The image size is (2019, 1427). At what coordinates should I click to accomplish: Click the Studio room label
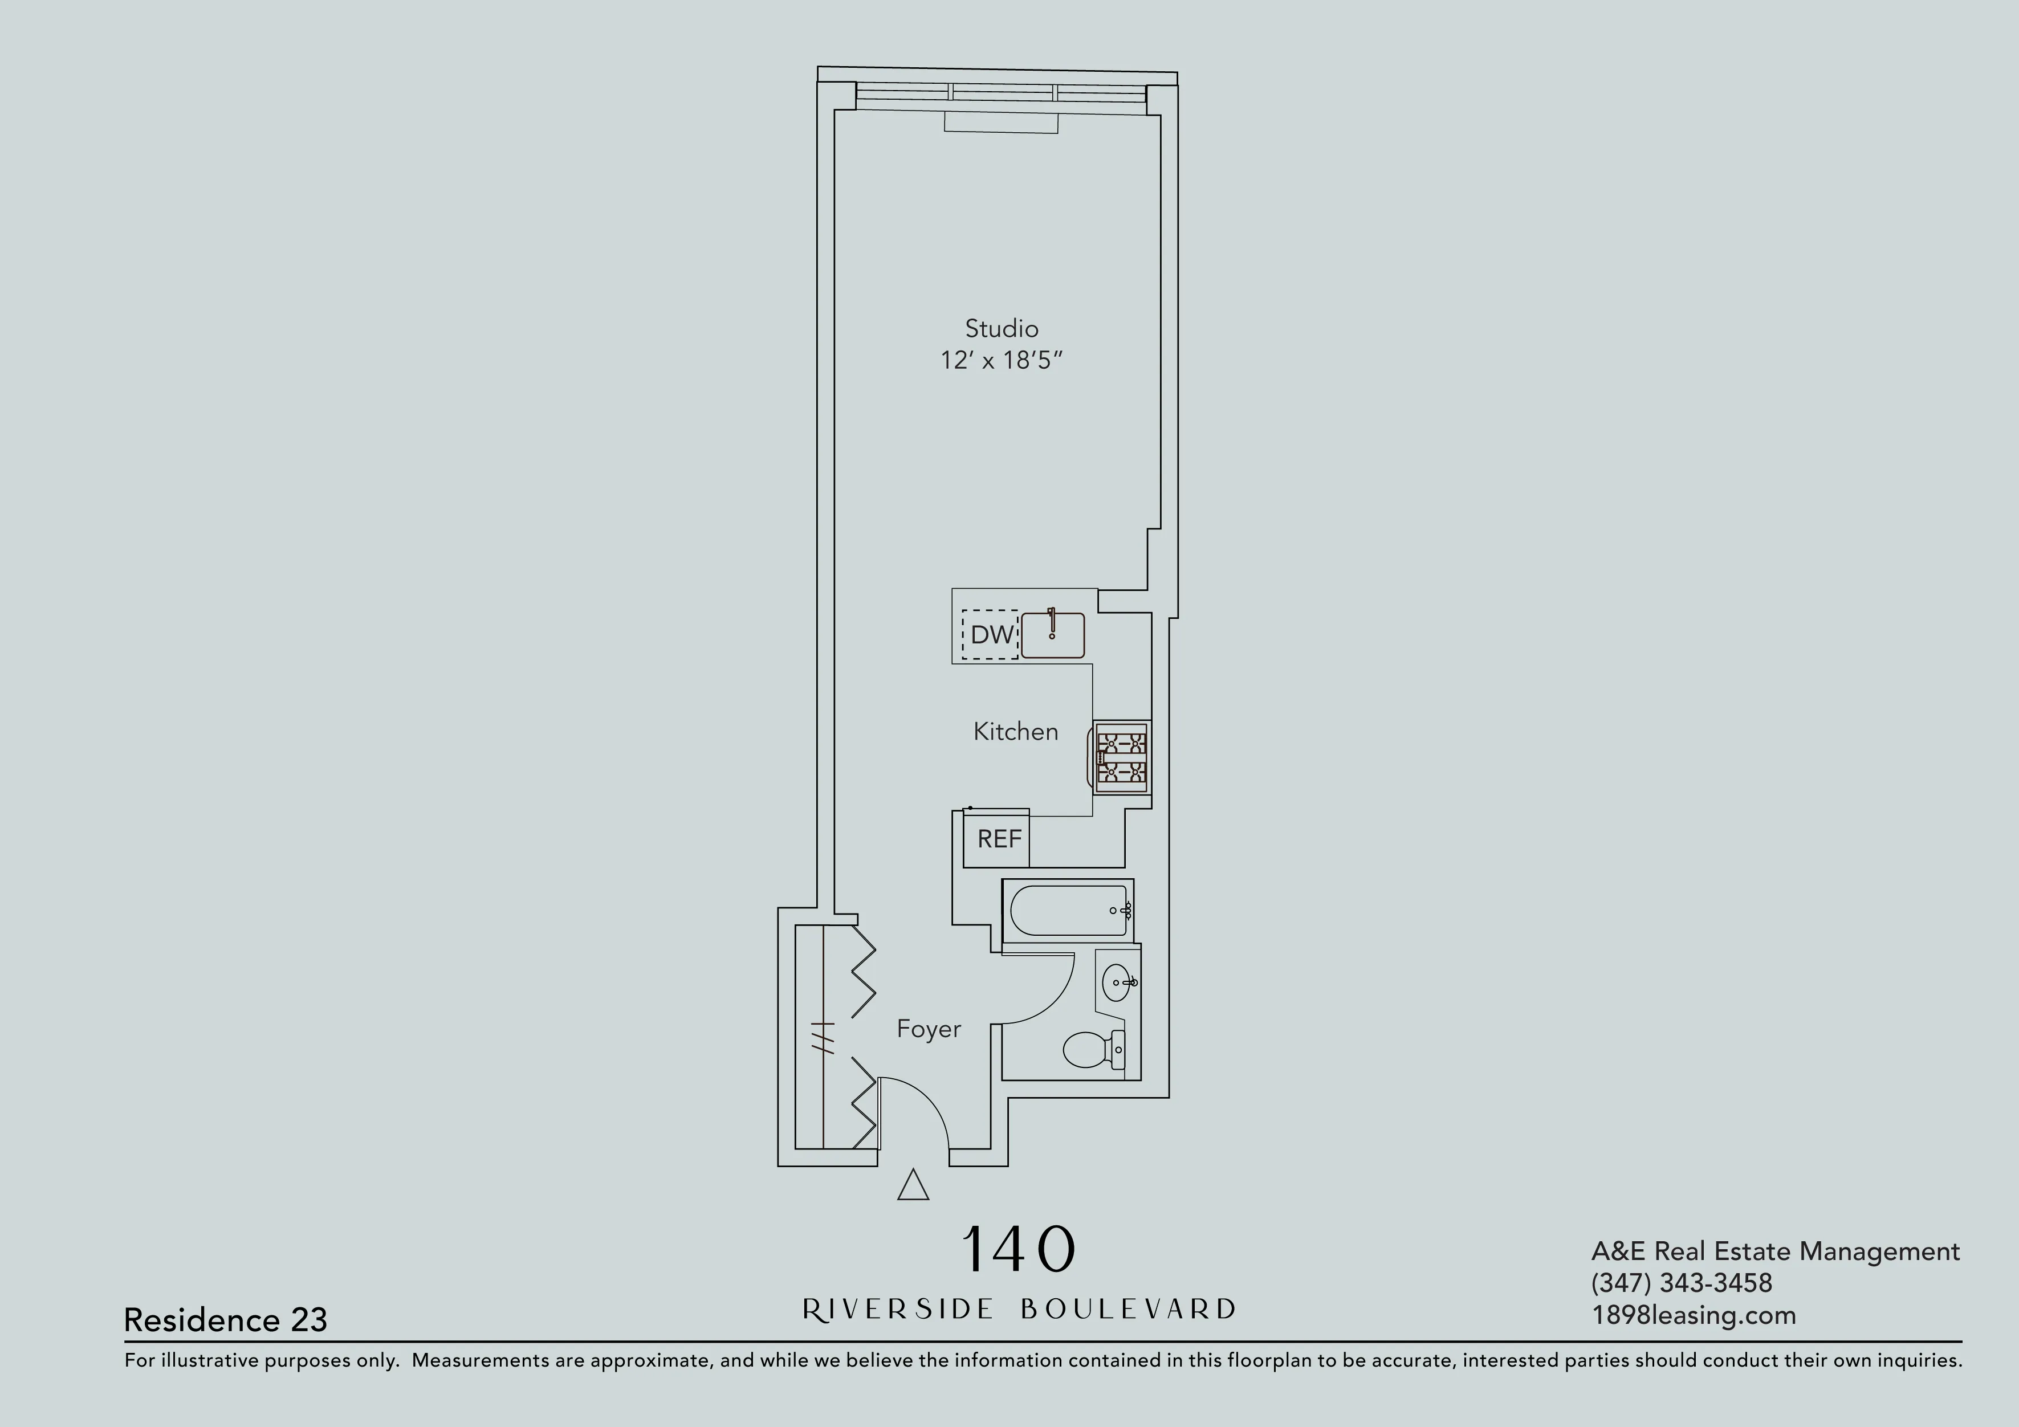pyautogui.click(x=1002, y=329)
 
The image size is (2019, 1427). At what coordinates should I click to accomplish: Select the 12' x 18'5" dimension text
pyautogui.click(x=1002, y=361)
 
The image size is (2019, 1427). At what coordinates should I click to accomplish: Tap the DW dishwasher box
pyautogui.click(x=990, y=634)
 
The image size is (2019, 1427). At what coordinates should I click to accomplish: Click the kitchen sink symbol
pyautogui.click(x=1053, y=635)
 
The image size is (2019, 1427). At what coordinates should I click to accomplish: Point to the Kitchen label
pyautogui.click(x=1016, y=732)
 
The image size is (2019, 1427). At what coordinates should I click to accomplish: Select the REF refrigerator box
pyautogui.click(x=998, y=839)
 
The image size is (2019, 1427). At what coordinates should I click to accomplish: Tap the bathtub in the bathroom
pyautogui.click(x=1068, y=910)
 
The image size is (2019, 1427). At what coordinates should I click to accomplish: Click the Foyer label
pyautogui.click(x=929, y=1029)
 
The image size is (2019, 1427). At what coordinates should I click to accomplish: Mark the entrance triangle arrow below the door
pyautogui.click(x=913, y=1185)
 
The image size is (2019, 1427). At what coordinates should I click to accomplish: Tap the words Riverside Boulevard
pyautogui.click(x=1018, y=1309)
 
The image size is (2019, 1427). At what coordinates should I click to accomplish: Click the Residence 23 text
pyautogui.click(x=225, y=1320)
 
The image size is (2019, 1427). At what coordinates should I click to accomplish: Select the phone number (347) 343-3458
pyautogui.click(x=1682, y=1283)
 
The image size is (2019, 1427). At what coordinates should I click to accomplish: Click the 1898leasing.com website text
pyautogui.click(x=1694, y=1315)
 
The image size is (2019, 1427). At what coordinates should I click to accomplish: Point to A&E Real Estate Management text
pyautogui.click(x=1774, y=1251)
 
